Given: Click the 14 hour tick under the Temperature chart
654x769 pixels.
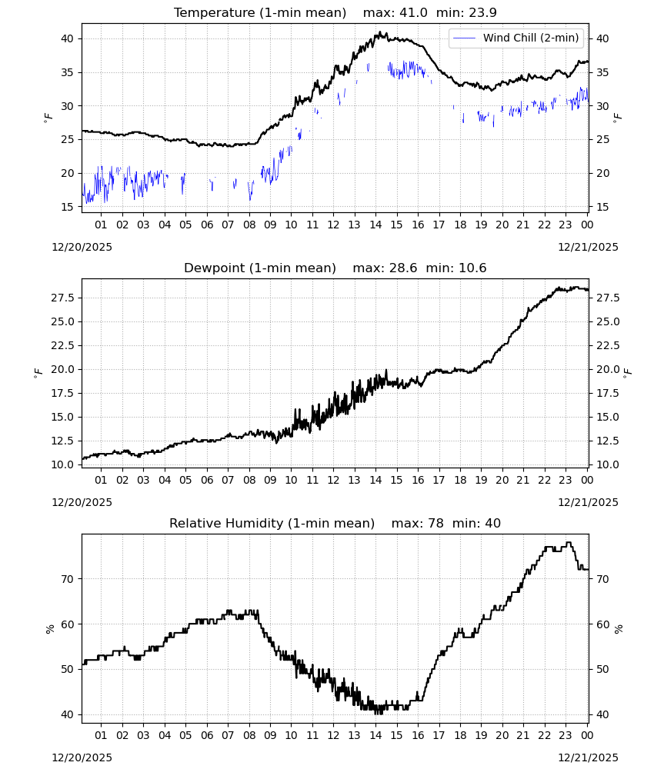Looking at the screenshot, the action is [x=375, y=225].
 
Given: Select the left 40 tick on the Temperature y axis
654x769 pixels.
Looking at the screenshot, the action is [x=67, y=38].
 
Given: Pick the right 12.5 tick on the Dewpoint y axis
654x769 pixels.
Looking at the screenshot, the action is [x=607, y=441].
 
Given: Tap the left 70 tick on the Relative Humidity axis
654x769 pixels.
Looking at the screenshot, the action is [x=67, y=579].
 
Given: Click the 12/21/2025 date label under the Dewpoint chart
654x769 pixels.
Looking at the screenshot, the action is [x=589, y=502].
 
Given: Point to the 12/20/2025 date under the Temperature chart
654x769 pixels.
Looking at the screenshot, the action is [x=82, y=247].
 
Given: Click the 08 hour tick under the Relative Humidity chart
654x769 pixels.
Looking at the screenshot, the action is [x=249, y=735].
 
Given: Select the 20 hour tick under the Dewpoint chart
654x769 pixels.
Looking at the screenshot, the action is [x=502, y=480].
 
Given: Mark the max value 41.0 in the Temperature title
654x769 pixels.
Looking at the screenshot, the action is [x=415, y=12].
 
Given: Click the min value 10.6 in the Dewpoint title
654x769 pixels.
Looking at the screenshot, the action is [x=472, y=268].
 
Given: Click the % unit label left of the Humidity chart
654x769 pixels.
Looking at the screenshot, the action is [x=49, y=629].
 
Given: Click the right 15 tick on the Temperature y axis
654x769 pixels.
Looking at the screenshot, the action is [x=602, y=207].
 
